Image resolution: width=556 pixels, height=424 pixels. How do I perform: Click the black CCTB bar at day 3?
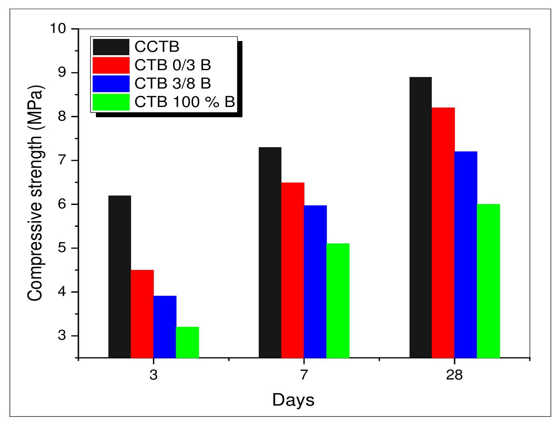pos(120,276)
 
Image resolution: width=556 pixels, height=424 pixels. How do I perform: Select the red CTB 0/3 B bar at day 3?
pos(142,314)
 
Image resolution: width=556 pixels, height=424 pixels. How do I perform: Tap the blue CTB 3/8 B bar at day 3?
pos(165,326)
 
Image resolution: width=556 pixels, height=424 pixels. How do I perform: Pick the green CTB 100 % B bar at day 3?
pos(188,342)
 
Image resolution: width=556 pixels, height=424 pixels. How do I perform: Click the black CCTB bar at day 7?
pos(270,252)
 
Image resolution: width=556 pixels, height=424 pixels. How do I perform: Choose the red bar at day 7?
pos(293,270)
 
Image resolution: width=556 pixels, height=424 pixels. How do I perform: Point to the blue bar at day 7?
pos(315,282)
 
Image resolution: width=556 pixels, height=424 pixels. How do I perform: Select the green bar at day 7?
pos(338,300)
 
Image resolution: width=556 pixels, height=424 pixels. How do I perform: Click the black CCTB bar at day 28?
pos(421,217)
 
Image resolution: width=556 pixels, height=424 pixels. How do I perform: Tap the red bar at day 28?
pos(443,232)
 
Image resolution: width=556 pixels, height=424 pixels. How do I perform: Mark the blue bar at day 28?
pos(466,255)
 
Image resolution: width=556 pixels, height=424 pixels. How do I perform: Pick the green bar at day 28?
pos(488,281)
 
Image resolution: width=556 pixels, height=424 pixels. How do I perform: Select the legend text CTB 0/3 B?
pos(173,65)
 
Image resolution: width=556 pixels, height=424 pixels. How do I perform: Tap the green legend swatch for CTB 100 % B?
pos(111,102)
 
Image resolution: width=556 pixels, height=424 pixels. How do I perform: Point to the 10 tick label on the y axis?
pos(59,29)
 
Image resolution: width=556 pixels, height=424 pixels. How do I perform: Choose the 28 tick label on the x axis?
pos(454,375)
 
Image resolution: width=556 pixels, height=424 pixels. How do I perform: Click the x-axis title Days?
pos(293,400)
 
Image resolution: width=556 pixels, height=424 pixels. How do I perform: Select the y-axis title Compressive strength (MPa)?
pos(35,193)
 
